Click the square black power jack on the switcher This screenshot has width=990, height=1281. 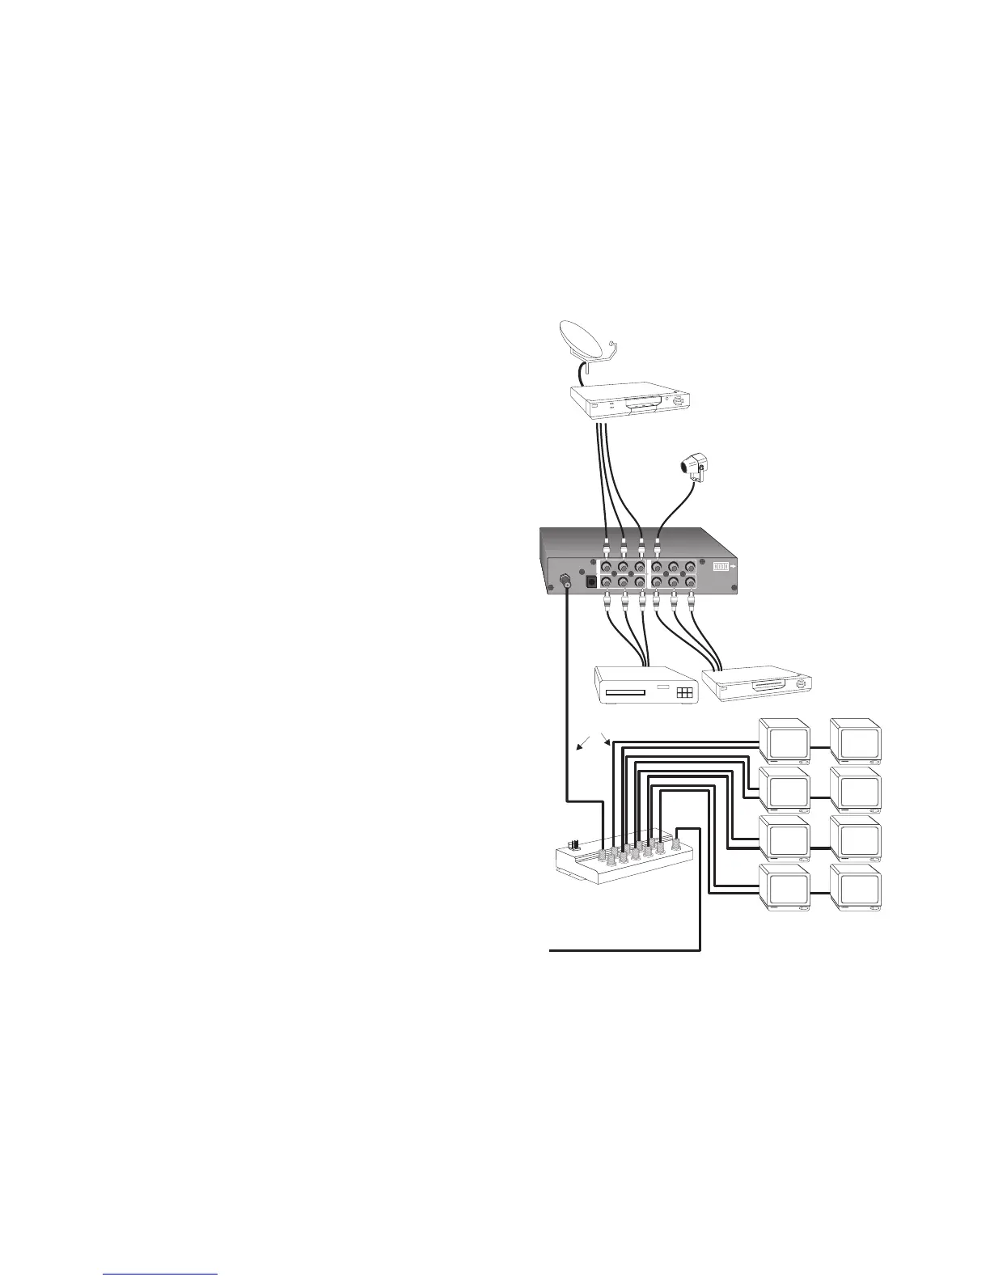coord(590,581)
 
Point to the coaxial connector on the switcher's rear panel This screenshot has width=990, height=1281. coord(565,579)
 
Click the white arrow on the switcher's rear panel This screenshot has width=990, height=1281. coord(733,567)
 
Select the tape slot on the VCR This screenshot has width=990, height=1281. coord(624,693)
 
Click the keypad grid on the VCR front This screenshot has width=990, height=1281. coord(685,693)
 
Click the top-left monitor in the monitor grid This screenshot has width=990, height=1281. coord(785,741)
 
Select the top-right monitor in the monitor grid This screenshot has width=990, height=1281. coord(858,741)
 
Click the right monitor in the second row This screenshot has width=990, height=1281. coord(858,789)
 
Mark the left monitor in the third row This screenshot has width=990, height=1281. coord(785,839)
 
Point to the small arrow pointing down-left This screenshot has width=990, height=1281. coord(583,744)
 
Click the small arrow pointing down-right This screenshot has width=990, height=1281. coord(608,739)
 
